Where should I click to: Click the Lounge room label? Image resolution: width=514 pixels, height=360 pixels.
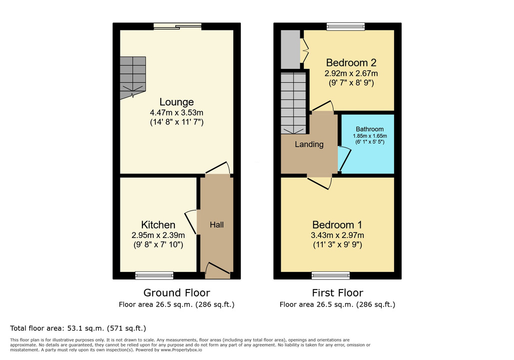[x=177, y=102]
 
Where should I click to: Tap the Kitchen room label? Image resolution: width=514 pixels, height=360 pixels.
[x=158, y=225]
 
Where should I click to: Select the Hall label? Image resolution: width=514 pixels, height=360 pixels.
[x=217, y=225]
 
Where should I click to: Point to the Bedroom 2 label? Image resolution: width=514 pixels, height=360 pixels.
[x=351, y=62]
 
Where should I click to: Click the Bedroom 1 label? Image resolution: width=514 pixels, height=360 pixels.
[x=337, y=225]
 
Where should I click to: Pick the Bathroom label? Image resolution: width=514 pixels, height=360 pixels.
[x=370, y=129]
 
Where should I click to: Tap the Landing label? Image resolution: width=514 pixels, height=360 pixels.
[x=309, y=144]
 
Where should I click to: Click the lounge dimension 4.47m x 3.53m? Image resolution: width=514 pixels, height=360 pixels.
[x=177, y=112]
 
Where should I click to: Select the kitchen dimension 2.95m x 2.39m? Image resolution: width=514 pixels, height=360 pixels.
[x=158, y=235]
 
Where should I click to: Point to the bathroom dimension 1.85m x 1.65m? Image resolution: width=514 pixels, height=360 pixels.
[x=370, y=136]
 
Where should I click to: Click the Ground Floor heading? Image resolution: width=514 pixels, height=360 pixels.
[x=177, y=292]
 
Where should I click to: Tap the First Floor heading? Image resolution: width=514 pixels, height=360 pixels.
[x=337, y=292]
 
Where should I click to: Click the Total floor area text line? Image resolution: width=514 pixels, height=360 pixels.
[x=78, y=328]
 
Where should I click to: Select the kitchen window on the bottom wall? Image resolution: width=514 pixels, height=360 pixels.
[x=154, y=275]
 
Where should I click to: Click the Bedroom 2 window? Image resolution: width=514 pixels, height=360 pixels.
[x=346, y=26]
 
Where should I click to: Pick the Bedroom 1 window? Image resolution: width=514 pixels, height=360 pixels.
[x=331, y=275]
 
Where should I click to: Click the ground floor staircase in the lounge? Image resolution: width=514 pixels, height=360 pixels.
[x=133, y=78]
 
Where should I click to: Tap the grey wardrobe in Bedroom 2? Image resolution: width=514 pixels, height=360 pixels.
[x=290, y=49]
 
